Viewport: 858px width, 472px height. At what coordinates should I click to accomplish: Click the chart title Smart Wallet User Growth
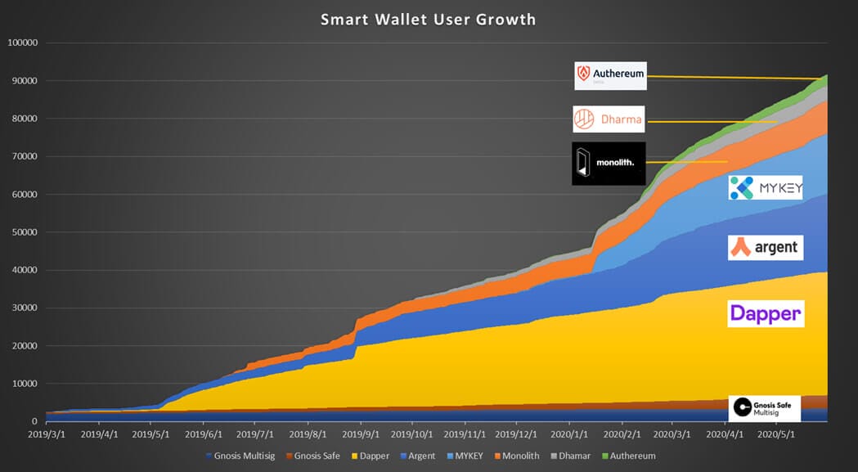429,19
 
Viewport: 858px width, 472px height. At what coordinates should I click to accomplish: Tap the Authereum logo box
610,75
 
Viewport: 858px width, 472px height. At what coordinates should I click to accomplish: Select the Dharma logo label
609,119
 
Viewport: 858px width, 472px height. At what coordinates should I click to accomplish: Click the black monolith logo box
609,164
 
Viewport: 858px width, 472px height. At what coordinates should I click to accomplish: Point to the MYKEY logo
766,188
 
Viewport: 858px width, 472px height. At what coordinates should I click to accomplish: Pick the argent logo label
765,247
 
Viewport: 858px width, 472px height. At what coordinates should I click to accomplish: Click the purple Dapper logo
766,313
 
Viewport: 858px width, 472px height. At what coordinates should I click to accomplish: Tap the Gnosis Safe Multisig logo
764,407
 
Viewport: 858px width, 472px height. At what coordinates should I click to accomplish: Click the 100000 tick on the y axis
23,43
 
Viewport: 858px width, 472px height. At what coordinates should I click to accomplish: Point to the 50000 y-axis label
25,232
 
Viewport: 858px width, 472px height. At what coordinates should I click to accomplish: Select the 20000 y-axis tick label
25,346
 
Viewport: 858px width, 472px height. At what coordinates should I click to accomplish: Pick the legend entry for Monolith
519,456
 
